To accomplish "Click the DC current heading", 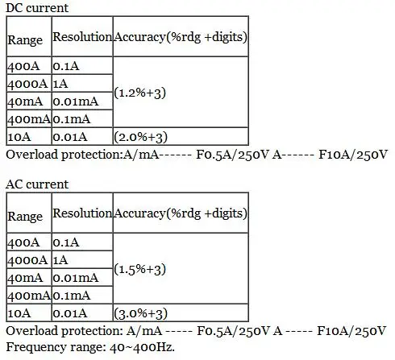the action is [x=37, y=8].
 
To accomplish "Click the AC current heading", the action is [x=37, y=184].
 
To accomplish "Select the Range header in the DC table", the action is [x=25, y=40].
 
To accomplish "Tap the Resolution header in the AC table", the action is [x=82, y=213].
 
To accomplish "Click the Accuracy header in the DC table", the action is [x=181, y=37].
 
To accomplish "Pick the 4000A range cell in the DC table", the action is [x=27, y=84].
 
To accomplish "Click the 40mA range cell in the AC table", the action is [x=25, y=278].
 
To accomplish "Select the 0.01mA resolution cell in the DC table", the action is [x=76, y=101].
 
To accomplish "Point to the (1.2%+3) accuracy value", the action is [x=139, y=93].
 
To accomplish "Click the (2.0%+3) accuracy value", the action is [x=140, y=137].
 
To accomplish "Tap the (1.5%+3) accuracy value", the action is [x=139, y=269].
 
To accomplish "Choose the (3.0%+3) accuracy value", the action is [x=140, y=313].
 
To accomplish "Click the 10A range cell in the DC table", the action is [x=19, y=137].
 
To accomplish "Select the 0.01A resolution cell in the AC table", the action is [x=70, y=313].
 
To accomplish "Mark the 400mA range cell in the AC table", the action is [x=29, y=296].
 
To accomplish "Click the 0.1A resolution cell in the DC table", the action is [x=66, y=66].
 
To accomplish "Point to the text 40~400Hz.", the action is [x=142, y=347].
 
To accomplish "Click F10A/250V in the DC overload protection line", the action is [x=353, y=155].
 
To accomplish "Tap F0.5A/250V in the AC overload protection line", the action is [x=233, y=331].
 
